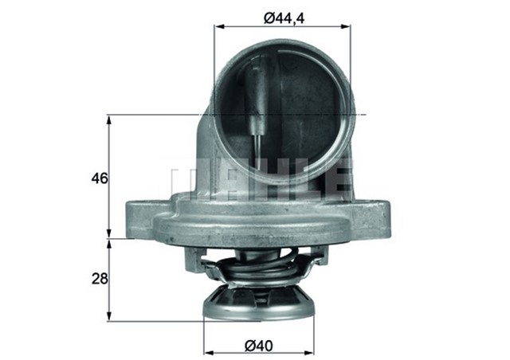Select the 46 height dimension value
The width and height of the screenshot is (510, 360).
99,178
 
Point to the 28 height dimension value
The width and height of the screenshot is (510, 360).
99,280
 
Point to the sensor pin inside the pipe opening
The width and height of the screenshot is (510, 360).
257,104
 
